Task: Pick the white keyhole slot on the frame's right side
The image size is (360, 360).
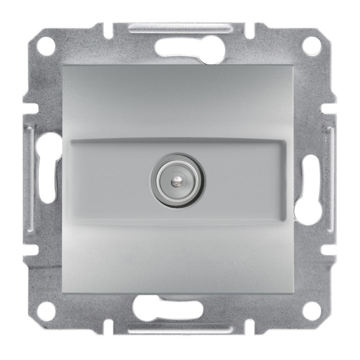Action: tap(309, 180)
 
